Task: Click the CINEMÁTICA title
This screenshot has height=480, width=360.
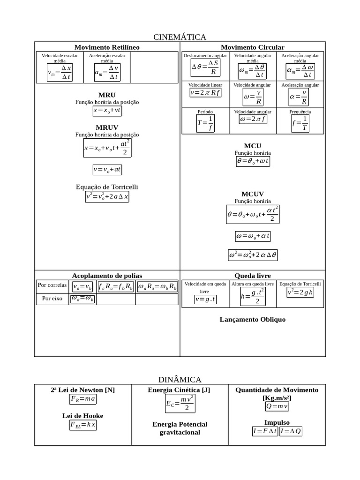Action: click(x=180, y=37)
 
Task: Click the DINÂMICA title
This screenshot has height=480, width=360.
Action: click(x=180, y=379)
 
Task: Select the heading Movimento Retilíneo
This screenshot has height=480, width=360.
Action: click(x=107, y=47)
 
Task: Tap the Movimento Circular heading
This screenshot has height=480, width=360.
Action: click(x=252, y=47)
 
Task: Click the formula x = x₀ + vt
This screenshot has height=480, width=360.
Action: click(x=107, y=111)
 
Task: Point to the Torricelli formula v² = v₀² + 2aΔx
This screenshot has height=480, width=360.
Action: click(x=107, y=196)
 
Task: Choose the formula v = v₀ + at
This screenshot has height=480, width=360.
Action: click(x=107, y=169)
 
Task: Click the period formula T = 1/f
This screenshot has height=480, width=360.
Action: click(x=205, y=123)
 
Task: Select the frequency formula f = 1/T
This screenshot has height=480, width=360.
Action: click(x=300, y=123)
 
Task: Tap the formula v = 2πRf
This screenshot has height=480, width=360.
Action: click(x=205, y=92)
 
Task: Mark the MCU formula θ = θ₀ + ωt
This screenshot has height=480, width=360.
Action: click(x=253, y=161)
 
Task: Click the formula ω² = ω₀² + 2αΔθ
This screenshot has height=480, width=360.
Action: click(x=253, y=255)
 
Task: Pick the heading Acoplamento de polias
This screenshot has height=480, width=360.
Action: click(x=107, y=276)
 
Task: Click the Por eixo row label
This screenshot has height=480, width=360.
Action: click(x=52, y=298)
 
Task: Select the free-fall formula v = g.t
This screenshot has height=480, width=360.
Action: click(x=205, y=299)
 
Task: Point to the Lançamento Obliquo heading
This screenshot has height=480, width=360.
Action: click(x=253, y=320)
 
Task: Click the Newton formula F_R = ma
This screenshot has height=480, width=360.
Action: click(x=83, y=399)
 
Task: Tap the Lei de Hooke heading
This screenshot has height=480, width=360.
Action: click(x=82, y=416)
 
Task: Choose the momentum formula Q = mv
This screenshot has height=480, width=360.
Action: click(x=277, y=406)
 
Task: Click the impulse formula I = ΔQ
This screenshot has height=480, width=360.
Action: click(x=291, y=431)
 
